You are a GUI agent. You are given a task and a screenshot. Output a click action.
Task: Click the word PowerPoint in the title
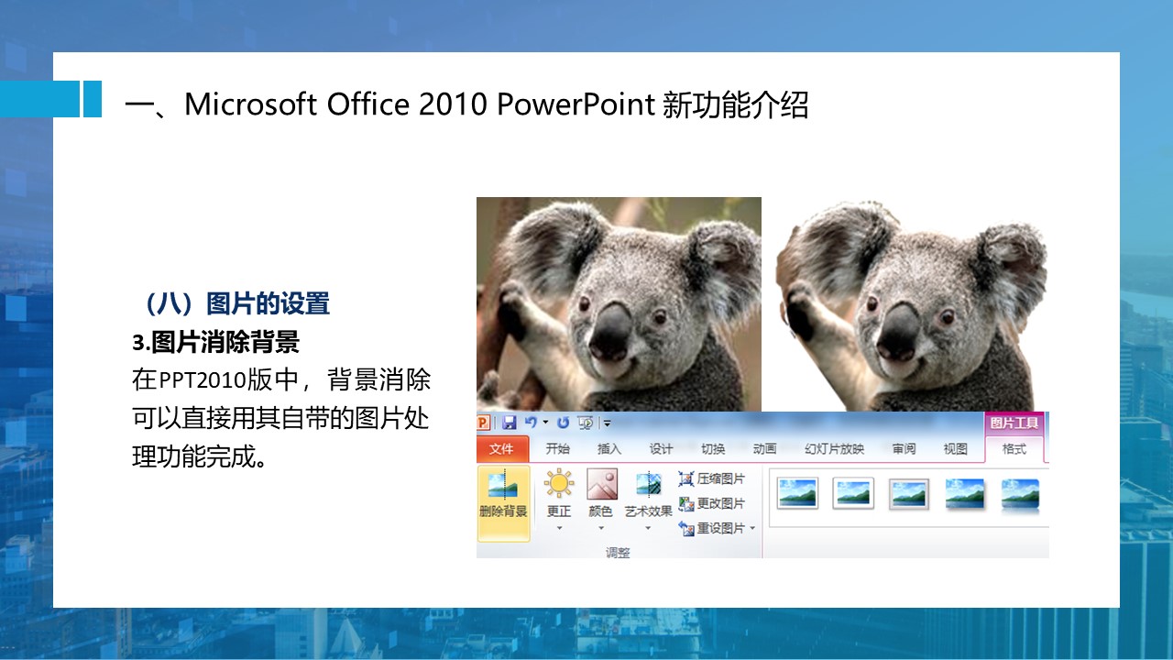(x=576, y=104)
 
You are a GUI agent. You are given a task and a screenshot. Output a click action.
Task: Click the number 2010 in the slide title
(x=453, y=104)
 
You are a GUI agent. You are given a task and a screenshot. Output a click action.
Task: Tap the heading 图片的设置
(x=268, y=303)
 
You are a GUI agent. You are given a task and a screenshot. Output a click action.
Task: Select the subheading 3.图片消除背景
(x=215, y=342)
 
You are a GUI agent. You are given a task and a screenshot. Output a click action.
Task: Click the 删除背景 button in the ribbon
(x=503, y=503)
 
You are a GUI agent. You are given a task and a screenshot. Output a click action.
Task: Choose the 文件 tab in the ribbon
(x=501, y=449)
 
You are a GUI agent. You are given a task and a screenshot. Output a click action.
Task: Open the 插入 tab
(x=609, y=449)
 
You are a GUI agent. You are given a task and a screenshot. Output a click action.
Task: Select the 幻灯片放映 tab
(x=834, y=449)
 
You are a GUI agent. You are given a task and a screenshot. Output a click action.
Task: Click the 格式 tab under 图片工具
(x=1014, y=449)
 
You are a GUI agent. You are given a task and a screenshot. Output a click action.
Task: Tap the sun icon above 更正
(x=559, y=483)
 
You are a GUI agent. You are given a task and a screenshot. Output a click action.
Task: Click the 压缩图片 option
(x=712, y=478)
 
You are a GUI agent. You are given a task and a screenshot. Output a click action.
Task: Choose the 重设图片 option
(x=716, y=528)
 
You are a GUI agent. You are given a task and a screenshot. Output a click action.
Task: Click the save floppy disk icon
(x=509, y=423)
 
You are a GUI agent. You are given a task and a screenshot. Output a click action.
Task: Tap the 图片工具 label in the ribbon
(x=1014, y=423)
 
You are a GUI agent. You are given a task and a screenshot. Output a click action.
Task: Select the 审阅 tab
(x=904, y=449)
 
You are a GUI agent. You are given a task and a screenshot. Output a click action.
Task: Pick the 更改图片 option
(x=712, y=503)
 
